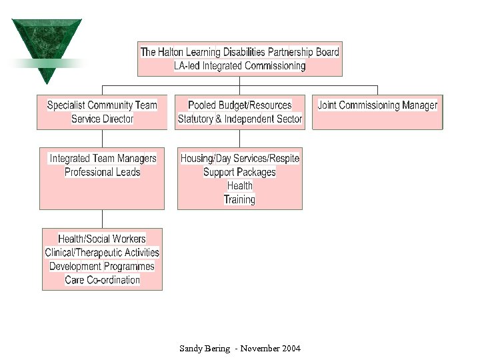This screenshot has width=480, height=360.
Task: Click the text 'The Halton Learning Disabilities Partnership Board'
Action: click(239, 52)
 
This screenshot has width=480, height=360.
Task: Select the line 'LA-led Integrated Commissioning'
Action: click(239, 66)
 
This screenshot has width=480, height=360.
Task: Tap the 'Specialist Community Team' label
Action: click(102, 105)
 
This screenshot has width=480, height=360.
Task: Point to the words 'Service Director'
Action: click(102, 119)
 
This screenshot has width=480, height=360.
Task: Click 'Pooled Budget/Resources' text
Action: click(239, 105)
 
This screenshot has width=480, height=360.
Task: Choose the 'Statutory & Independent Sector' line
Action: click(239, 119)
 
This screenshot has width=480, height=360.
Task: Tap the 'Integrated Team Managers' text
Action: click(103, 159)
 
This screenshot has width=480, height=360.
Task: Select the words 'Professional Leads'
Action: click(102, 172)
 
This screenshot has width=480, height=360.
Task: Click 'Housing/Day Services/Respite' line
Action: click(239, 159)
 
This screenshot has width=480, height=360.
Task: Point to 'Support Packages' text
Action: click(239, 172)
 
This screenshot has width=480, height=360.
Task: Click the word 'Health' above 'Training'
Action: click(239, 186)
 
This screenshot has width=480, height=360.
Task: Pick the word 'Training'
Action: click(239, 199)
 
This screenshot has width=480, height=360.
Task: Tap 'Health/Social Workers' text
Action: click(102, 239)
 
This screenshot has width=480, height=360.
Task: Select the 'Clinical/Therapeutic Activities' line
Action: click(102, 253)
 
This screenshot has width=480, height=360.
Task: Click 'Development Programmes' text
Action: click(102, 267)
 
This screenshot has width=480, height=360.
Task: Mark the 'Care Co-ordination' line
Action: click(102, 280)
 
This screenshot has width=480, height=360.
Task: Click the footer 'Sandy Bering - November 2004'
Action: click(239, 349)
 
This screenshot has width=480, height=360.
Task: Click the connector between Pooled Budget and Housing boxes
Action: click(239, 138)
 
